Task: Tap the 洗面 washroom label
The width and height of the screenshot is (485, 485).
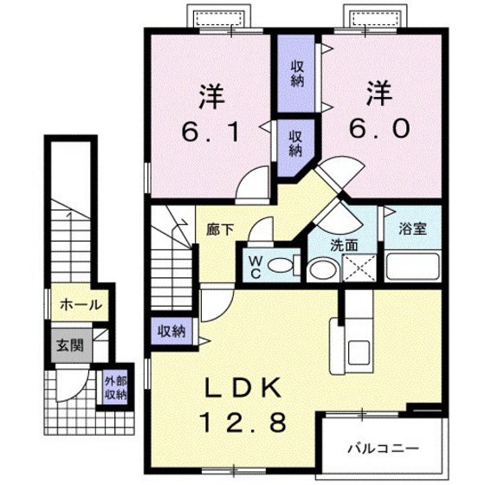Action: pyautogui.click(x=345, y=244)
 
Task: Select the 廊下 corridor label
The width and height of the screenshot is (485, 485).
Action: pyautogui.click(x=219, y=230)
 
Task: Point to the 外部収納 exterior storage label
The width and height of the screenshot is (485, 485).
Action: pyautogui.click(x=115, y=386)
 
